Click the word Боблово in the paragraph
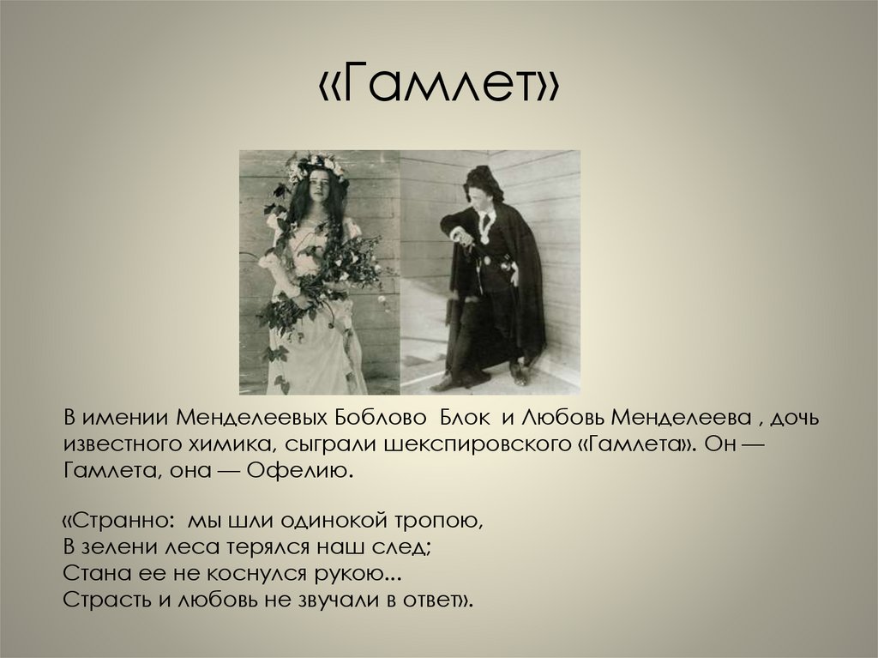(x=379, y=419)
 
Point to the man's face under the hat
(x=480, y=190)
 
